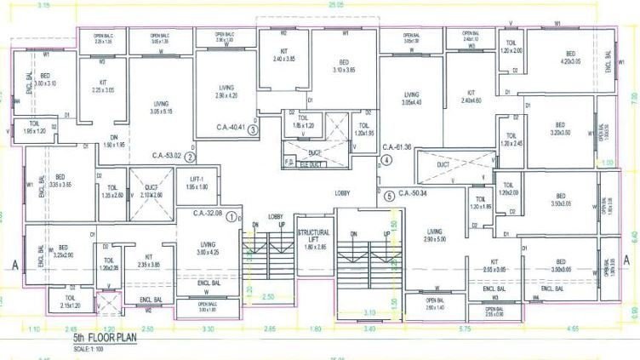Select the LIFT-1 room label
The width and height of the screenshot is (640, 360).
(197, 181)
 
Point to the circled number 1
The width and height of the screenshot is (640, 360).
(230, 214)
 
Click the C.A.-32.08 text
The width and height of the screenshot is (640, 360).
(209, 213)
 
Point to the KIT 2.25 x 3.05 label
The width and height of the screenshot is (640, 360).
(102, 86)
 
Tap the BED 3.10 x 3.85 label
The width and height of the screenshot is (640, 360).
(345, 66)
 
